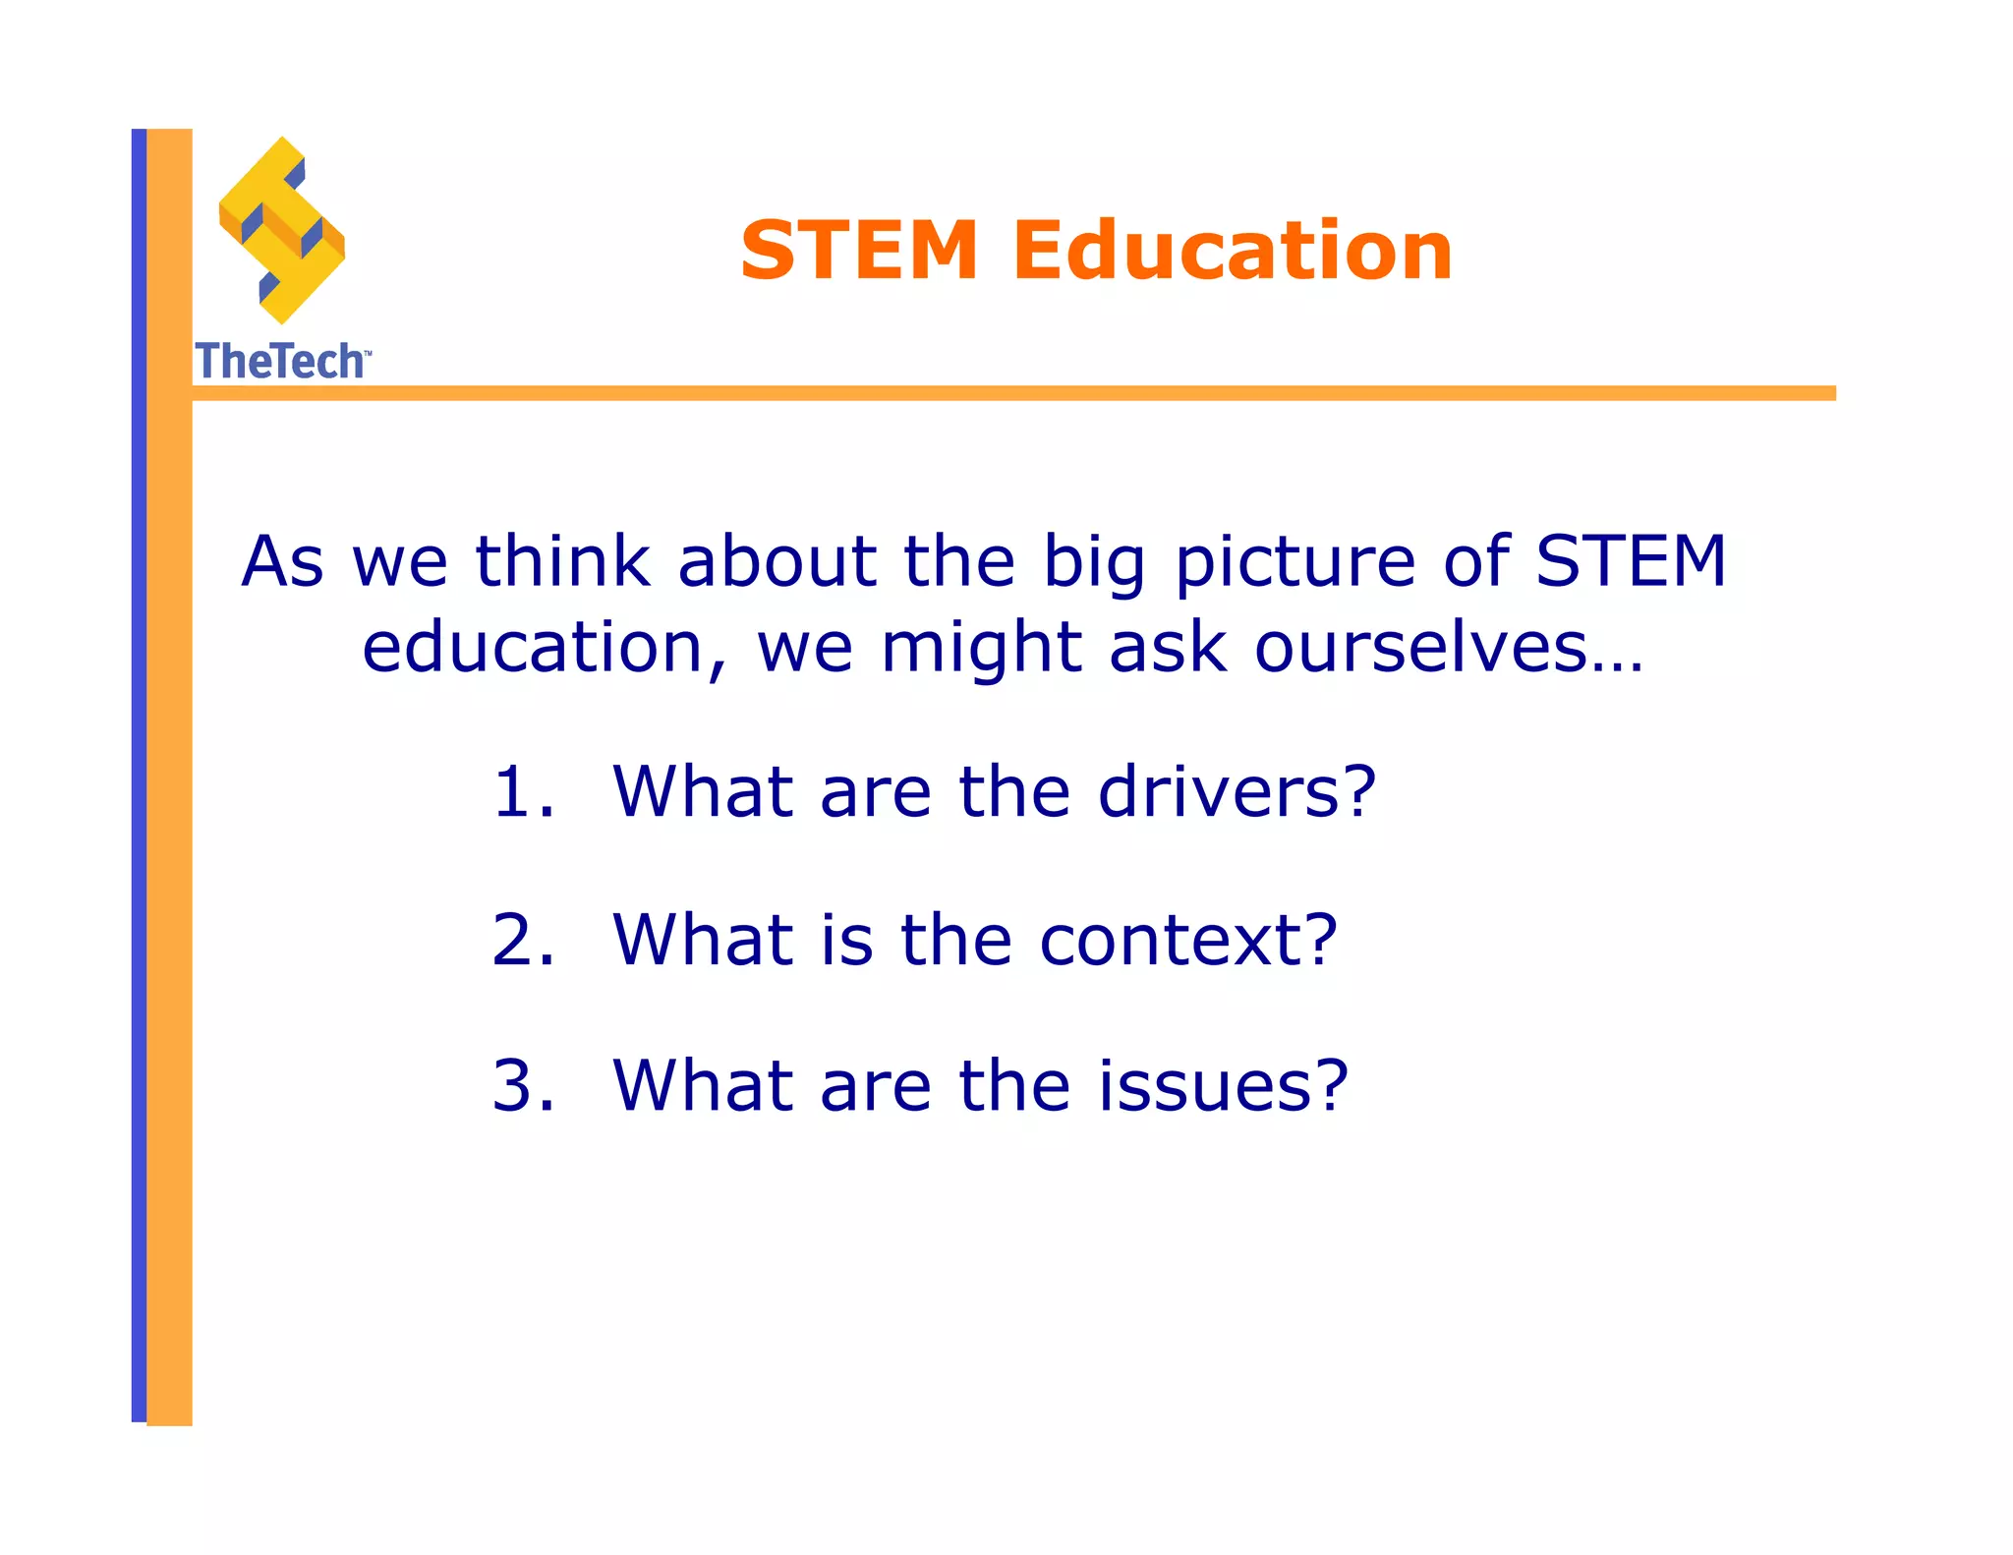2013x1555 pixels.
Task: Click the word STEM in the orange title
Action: (859, 251)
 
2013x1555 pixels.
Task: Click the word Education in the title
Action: (1233, 251)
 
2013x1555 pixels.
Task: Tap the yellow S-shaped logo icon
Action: (282, 231)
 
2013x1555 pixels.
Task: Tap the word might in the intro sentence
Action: (981, 650)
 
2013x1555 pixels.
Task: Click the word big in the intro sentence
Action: (1094, 564)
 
